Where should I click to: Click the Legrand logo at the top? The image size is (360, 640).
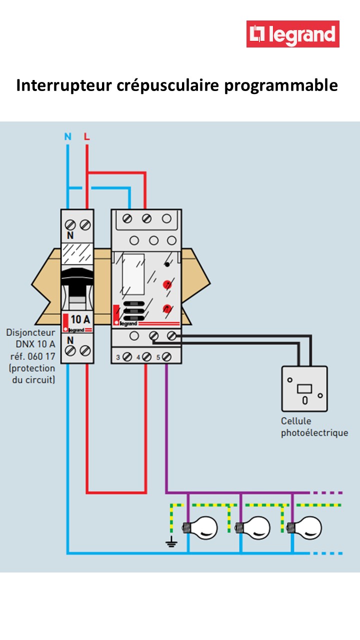tap(292, 34)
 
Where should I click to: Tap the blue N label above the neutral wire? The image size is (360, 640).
tap(68, 136)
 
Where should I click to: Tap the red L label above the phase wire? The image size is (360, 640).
tap(87, 136)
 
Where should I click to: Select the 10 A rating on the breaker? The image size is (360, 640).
tap(80, 319)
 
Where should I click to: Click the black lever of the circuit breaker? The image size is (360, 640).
tap(77, 280)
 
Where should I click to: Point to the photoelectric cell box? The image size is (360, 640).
tap(304, 388)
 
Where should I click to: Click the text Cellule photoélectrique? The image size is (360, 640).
tap(313, 427)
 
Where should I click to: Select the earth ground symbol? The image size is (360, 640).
tap(171, 541)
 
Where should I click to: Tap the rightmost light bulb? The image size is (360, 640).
tap(306, 527)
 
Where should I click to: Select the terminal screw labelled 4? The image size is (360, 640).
tap(147, 357)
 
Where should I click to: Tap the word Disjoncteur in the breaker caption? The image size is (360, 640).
tap(31, 332)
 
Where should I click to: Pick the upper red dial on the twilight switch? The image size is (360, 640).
tap(167, 285)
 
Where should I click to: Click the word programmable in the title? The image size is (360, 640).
tap(280, 85)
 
